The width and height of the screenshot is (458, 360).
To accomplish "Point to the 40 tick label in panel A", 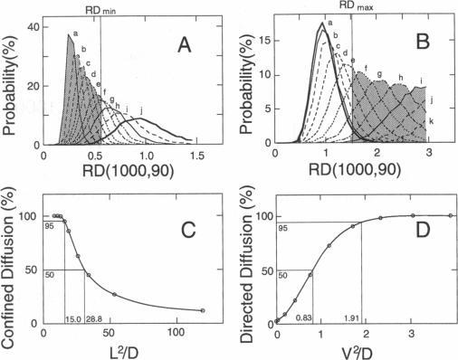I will pyautogui.click(x=33, y=27).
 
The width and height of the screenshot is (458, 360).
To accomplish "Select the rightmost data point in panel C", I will pyautogui.click(x=202, y=310).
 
